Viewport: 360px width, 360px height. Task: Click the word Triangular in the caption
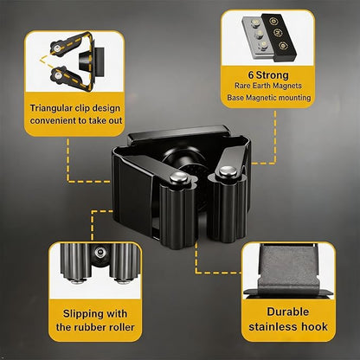[x=50, y=108]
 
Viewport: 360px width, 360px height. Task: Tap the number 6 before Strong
[x=251, y=75]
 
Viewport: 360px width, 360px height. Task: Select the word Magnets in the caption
[x=287, y=86]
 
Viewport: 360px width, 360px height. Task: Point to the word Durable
[x=288, y=312]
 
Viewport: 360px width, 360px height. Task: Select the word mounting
[x=292, y=98]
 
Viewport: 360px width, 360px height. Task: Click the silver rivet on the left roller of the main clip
[x=178, y=177]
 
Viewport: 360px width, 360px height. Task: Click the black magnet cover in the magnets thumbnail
[x=279, y=36]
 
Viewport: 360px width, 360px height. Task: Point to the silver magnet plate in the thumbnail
[x=256, y=37]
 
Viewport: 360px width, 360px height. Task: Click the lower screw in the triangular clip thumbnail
[x=58, y=76]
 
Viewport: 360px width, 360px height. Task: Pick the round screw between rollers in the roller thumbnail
[x=100, y=253]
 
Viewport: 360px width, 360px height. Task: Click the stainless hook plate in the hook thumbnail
[x=288, y=270]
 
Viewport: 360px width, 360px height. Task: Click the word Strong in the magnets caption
[x=273, y=75]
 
